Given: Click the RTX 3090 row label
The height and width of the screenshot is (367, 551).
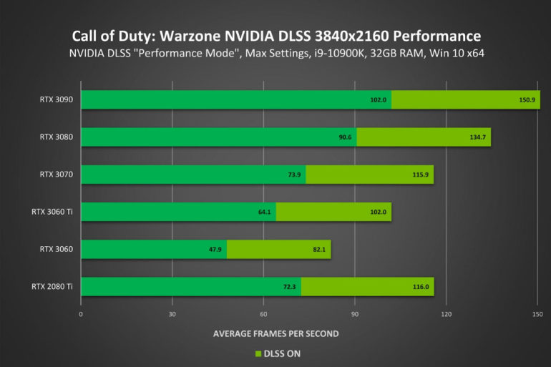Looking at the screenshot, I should [x=57, y=99].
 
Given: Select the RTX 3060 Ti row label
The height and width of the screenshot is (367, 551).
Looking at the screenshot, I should [x=52, y=212].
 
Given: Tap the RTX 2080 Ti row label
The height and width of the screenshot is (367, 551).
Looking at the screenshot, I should [x=52, y=286].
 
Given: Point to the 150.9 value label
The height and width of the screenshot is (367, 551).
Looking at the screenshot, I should [x=527, y=99].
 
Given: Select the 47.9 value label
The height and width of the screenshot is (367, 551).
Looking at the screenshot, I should [x=214, y=249].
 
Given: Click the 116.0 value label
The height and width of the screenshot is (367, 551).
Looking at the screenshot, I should [x=421, y=286].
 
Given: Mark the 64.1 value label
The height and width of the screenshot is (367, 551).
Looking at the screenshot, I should [x=263, y=212].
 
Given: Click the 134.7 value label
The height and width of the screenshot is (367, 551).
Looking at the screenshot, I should [x=478, y=137].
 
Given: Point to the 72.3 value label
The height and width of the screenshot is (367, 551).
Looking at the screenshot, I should [x=288, y=286].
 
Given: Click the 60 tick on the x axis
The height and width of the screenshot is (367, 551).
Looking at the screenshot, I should [x=263, y=314].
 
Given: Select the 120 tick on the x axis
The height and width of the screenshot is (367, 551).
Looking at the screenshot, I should [x=446, y=314].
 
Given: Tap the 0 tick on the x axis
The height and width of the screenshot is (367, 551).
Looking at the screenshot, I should [x=81, y=314].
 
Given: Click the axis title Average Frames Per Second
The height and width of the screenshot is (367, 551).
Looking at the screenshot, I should [x=275, y=333].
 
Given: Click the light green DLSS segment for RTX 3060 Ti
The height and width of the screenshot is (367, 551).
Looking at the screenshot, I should [x=333, y=212].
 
